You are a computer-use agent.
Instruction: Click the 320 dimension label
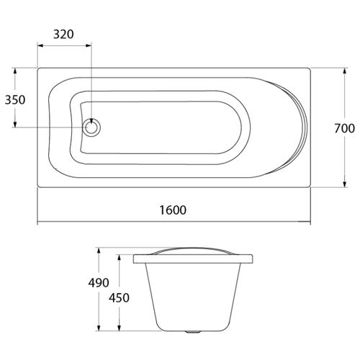(63, 35)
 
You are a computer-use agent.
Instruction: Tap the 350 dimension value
(15, 100)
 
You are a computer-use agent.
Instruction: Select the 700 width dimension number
(345, 128)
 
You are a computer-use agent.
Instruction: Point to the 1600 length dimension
(173, 210)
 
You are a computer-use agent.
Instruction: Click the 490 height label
(99, 283)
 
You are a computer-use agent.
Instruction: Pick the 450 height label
(119, 298)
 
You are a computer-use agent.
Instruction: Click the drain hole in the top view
(91, 127)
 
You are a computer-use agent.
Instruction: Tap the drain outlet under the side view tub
(192, 332)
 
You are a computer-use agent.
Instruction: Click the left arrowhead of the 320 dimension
(40, 45)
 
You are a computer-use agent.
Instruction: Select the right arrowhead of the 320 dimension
(89, 45)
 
